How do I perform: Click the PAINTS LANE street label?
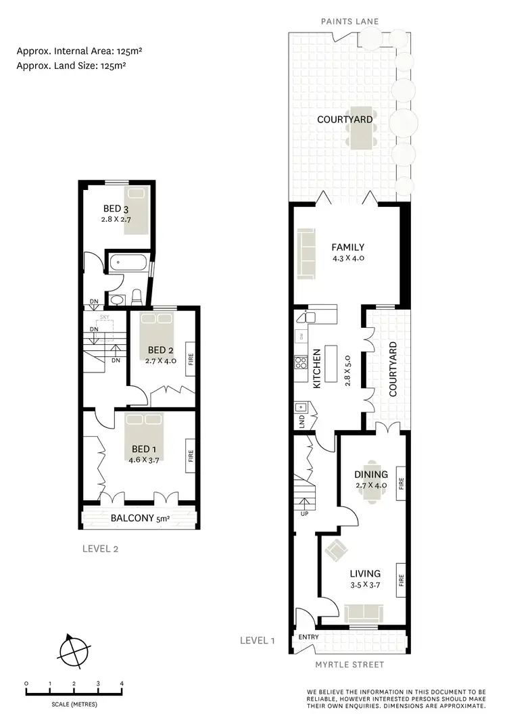coord(349,22)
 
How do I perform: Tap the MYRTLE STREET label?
coord(349,664)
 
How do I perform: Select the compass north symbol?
coord(74,652)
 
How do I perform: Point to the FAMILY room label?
coord(348,247)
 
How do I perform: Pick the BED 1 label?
coord(145,449)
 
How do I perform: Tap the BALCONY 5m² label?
coord(139,519)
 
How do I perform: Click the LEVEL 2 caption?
coord(99,548)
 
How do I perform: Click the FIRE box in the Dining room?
coord(401,483)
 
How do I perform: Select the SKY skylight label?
coord(104,316)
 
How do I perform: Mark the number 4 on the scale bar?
coord(122,683)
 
